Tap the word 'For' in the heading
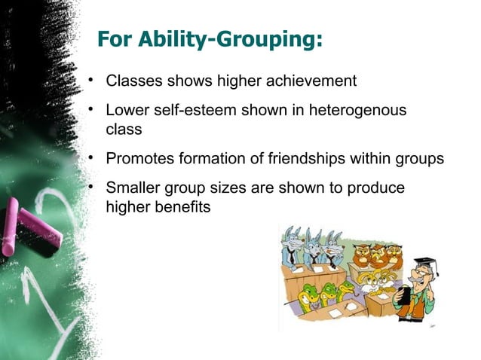117,39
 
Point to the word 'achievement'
305,81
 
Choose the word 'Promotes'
138,159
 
